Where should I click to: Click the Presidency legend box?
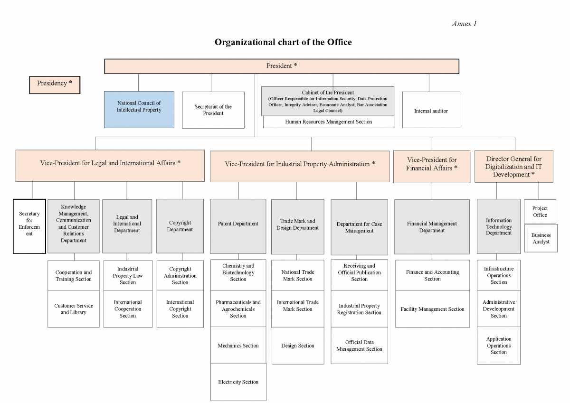tap(55, 85)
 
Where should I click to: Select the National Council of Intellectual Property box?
tap(139, 110)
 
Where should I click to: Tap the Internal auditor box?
tap(431, 110)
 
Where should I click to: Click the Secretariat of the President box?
tap(213, 110)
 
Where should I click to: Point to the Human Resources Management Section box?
tap(329, 122)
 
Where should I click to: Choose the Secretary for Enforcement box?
tap(29, 226)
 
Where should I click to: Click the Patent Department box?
tap(238, 226)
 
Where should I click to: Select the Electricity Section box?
tap(238, 382)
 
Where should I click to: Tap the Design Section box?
tap(298, 346)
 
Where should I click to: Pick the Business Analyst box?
tap(541, 238)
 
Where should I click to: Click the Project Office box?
tap(540, 212)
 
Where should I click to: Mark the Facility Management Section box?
tap(433, 309)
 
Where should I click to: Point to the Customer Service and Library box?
tap(74, 309)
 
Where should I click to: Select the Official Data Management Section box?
tap(359, 346)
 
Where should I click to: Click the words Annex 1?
tap(464, 24)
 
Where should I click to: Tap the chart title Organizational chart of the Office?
tap(283, 42)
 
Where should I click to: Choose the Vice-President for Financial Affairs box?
tap(432, 167)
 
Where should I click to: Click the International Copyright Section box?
tap(180, 309)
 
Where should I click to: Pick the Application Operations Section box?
tap(499, 346)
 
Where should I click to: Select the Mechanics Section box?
tap(238, 345)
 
